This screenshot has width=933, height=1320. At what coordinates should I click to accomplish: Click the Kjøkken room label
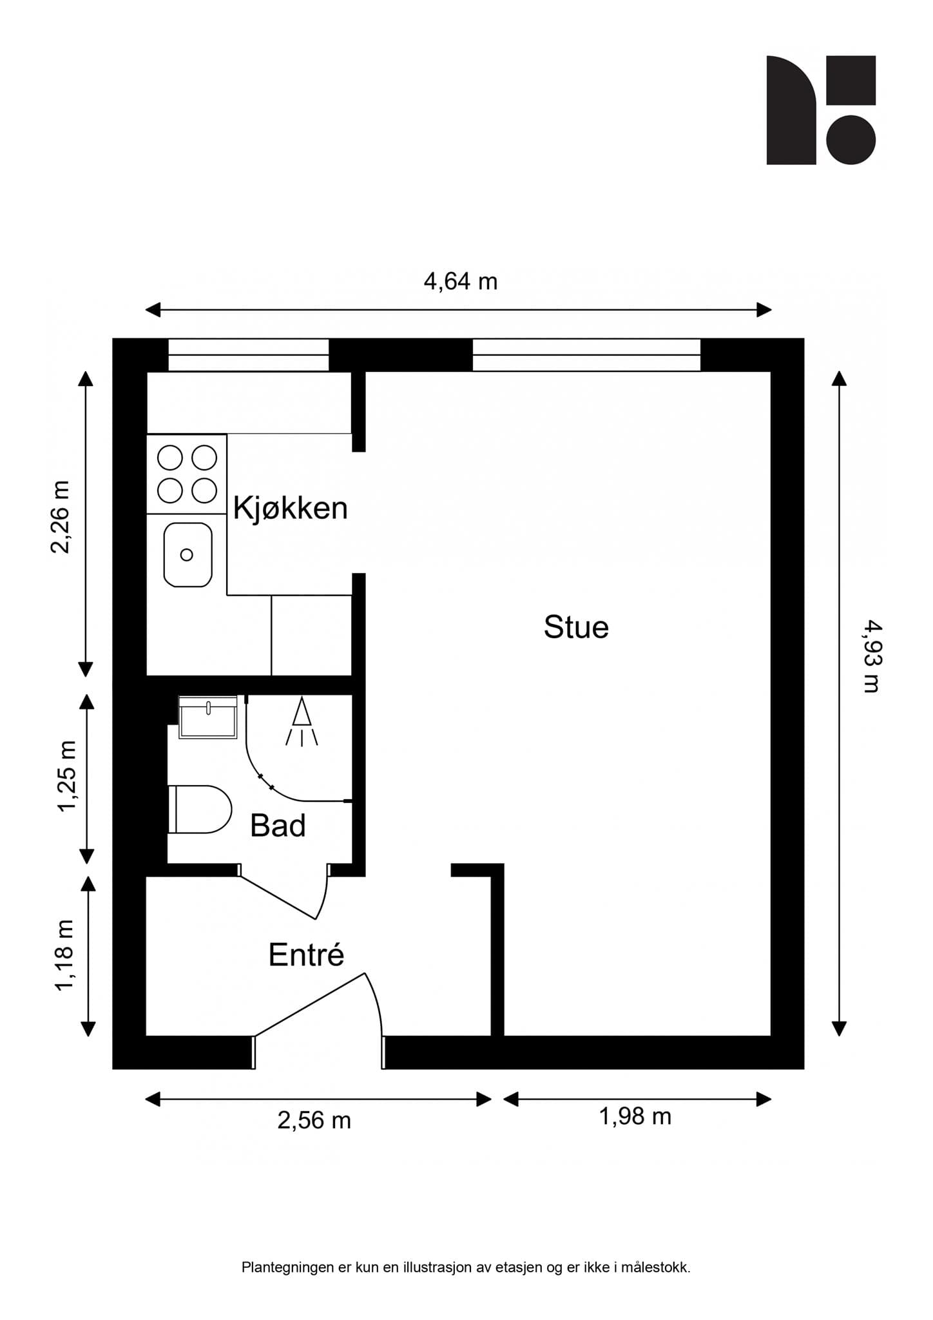(290, 509)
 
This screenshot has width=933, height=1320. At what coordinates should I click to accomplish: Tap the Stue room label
(576, 627)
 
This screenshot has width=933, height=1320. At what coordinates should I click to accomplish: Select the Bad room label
(278, 826)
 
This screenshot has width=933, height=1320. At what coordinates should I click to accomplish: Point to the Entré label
(306, 955)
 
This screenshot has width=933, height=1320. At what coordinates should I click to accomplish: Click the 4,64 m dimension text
(460, 282)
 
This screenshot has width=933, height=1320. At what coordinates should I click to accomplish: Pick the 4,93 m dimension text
(871, 655)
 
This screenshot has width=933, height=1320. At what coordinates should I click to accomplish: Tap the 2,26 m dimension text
(61, 517)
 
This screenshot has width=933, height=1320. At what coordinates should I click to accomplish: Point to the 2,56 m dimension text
(314, 1120)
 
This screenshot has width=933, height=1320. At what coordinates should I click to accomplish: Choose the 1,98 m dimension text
(635, 1116)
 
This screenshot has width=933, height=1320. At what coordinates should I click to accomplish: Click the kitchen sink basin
(188, 555)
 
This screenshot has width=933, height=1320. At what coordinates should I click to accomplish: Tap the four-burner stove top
(187, 474)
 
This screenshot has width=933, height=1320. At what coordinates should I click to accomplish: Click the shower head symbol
(302, 722)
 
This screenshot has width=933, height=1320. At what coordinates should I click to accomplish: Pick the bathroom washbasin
(207, 717)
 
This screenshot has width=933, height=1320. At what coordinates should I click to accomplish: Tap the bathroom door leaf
(278, 898)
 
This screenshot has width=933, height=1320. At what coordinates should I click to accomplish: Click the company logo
(820, 110)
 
